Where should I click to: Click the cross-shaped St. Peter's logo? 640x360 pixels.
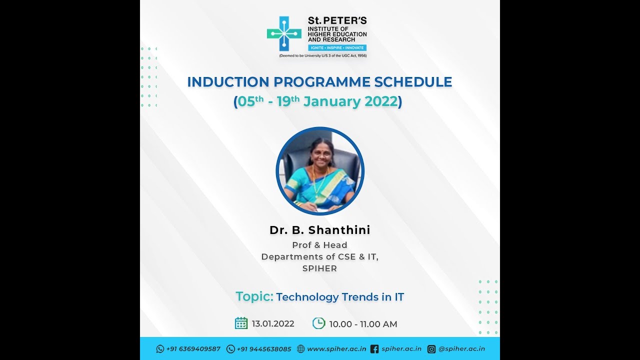(284, 34)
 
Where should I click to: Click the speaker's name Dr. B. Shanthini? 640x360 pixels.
(320, 230)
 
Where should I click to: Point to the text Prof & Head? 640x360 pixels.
(319, 245)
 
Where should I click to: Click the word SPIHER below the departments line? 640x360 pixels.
(319, 268)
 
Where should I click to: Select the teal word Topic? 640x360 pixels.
(254, 296)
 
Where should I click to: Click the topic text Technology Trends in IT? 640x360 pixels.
(340, 297)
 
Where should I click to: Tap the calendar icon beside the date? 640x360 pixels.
(241, 323)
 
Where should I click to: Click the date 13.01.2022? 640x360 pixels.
(273, 324)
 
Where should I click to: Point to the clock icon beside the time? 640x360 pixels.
(318, 323)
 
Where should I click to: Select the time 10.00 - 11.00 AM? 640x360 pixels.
(363, 324)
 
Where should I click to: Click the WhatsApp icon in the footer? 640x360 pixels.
(160, 349)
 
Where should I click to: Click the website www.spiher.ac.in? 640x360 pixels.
(336, 349)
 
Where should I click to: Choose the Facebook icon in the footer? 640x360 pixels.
(374, 349)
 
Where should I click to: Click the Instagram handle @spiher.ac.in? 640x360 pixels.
(461, 349)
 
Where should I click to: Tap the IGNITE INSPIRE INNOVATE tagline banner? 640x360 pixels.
(337, 47)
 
